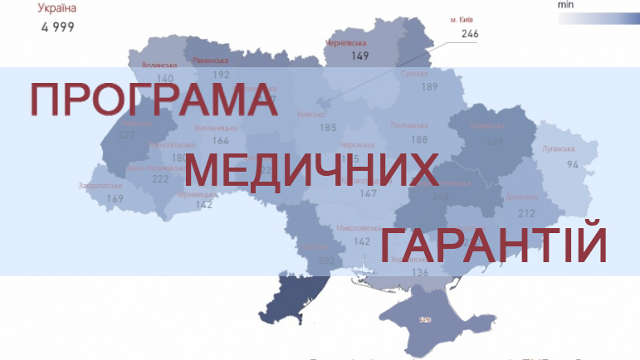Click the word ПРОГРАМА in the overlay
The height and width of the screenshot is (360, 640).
coord(154,100)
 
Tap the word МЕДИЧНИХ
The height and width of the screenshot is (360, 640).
coord(310,170)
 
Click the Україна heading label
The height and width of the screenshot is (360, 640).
coord(58,9)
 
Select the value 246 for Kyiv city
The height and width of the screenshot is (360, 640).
coord(471,34)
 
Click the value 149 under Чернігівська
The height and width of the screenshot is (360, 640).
coord(359,56)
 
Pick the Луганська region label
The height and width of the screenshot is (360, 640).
coord(558,148)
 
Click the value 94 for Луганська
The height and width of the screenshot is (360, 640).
coord(573,164)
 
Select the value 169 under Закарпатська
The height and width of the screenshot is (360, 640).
coord(115,199)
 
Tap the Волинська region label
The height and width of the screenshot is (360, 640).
coord(159,64)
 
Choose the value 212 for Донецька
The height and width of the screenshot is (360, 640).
coord(526,212)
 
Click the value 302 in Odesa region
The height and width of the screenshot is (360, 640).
coord(326,261)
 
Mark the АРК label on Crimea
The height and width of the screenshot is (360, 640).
coord(425,319)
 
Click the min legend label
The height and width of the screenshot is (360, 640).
coord(566,4)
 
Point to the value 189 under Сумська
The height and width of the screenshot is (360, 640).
coord(429,87)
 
